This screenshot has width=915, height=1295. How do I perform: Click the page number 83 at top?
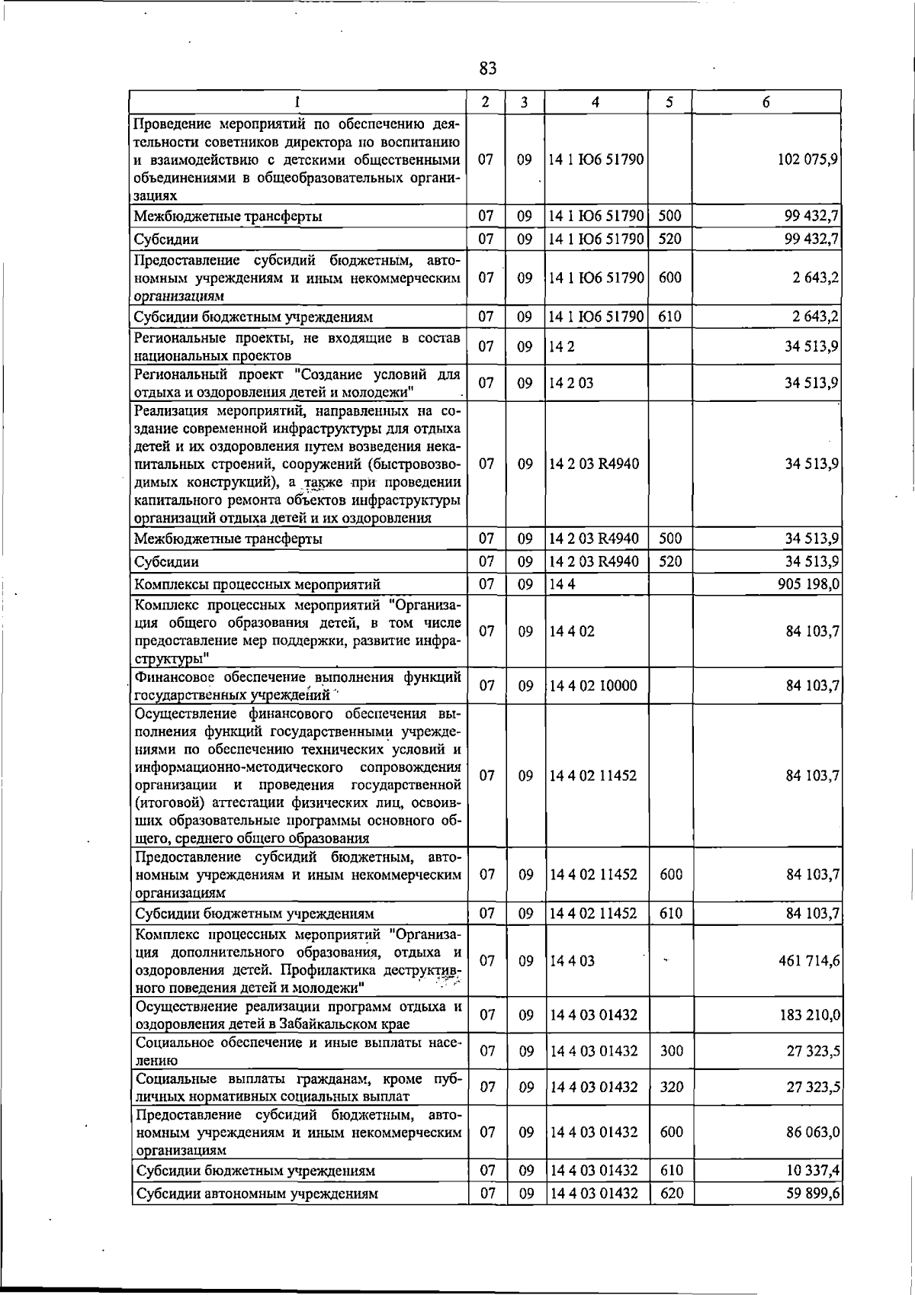click(488, 69)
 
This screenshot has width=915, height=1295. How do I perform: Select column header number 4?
click(596, 102)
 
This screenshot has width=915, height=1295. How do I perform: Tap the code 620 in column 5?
click(671, 1194)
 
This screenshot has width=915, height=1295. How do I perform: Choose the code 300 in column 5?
click(671, 1051)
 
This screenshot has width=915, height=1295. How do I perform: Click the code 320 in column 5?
click(671, 1087)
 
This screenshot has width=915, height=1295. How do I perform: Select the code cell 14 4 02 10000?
click(593, 686)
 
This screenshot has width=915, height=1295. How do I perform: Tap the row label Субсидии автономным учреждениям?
click(256, 1194)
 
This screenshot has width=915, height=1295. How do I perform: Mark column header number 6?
click(766, 102)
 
